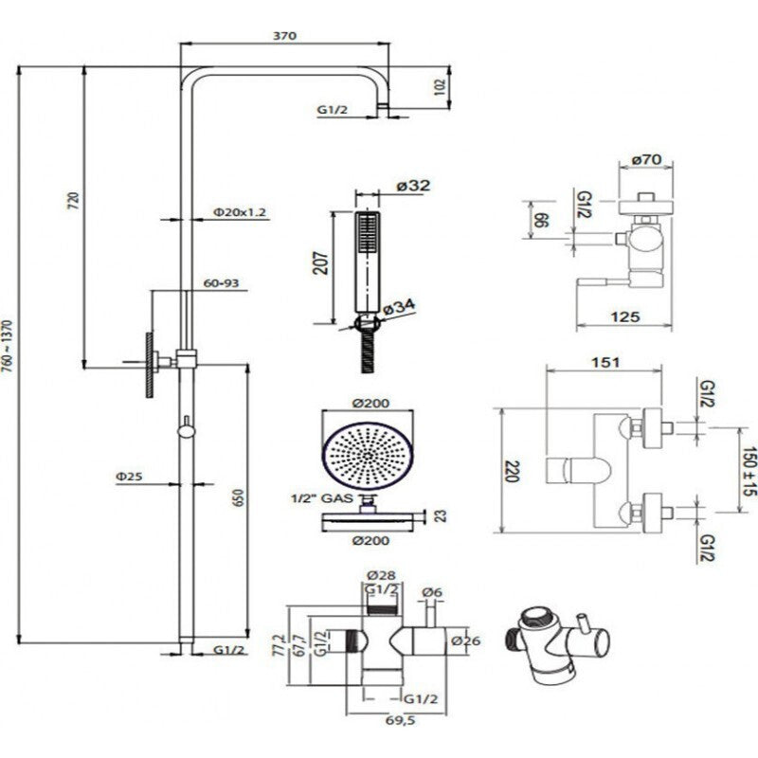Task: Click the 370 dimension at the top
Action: [285, 36]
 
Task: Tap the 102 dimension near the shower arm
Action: [438, 87]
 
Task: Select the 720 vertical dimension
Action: [74, 202]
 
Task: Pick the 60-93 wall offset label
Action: [221, 283]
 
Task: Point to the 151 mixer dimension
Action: [605, 362]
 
